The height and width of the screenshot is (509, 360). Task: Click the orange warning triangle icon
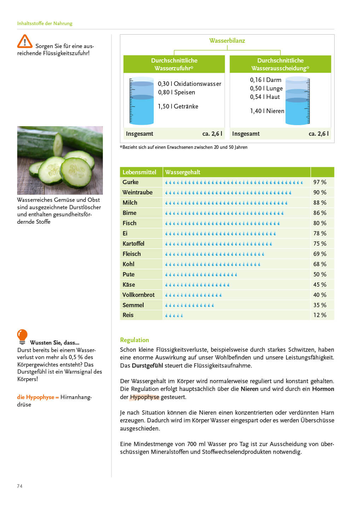pyautogui.click(x=24, y=41)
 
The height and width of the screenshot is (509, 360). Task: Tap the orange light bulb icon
pyautogui.click(x=22, y=336)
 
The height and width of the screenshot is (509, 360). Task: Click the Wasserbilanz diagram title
pyautogui.click(x=227, y=41)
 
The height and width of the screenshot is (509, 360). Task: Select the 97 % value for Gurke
pyautogui.click(x=320, y=182)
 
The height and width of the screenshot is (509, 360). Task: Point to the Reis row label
pyautogui.click(x=128, y=315)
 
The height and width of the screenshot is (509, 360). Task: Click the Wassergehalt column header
pyautogui.click(x=182, y=172)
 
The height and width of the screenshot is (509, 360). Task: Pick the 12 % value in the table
pyautogui.click(x=320, y=315)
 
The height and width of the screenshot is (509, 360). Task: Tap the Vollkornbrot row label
pyautogui.click(x=138, y=295)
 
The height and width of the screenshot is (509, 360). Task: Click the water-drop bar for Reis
pyautogui.click(x=174, y=315)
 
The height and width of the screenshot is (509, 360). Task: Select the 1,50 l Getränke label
pyautogui.click(x=178, y=106)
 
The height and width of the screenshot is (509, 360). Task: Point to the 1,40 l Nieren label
pyautogui.click(x=267, y=111)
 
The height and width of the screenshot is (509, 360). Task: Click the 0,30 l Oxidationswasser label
pyautogui.click(x=189, y=84)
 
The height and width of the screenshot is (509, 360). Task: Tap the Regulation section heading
pyautogui.click(x=134, y=340)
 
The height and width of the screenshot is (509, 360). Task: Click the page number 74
pyautogui.click(x=20, y=486)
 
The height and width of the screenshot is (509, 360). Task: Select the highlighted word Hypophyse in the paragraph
pyautogui.click(x=145, y=397)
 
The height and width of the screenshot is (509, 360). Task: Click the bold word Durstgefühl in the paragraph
pyautogui.click(x=147, y=365)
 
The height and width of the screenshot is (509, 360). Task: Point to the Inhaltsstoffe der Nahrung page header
pyautogui.click(x=45, y=23)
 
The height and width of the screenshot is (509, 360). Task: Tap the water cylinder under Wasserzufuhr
pyautogui.click(x=141, y=101)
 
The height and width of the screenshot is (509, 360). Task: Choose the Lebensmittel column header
pyautogui.click(x=139, y=172)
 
